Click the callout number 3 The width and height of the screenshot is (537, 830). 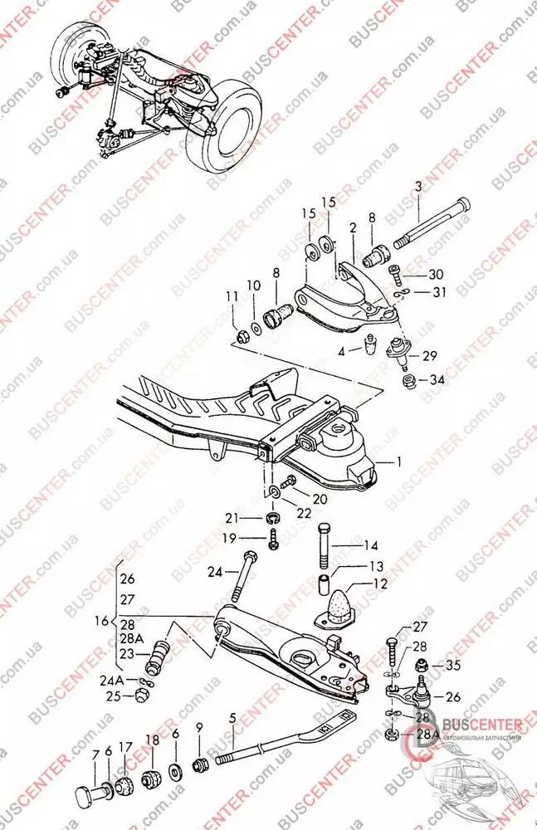pos(418,188)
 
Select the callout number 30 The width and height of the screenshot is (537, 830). pos(437,275)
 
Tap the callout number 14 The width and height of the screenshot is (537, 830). pos(371,546)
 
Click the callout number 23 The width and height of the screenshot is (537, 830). pos(126,653)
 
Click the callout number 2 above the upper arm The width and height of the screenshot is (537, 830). pos(353,227)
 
